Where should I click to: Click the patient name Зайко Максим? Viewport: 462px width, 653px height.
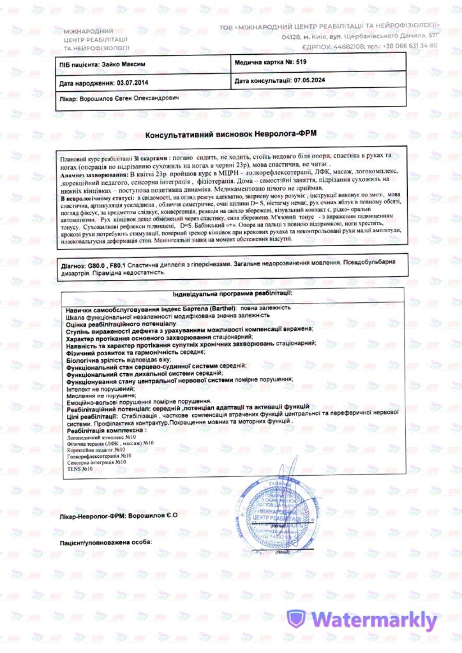(x=121, y=64)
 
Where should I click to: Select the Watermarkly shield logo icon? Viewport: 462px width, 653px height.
(x=296, y=619)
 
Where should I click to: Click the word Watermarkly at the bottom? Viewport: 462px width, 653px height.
(x=375, y=620)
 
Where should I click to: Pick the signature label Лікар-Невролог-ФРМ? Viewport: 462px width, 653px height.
(x=93, y=515)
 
